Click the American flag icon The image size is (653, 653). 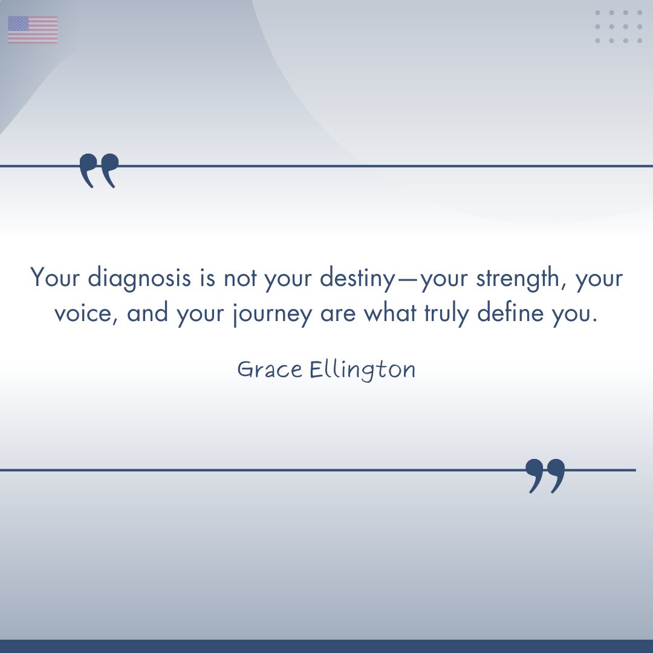click(33, 30)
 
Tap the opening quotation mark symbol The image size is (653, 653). click(99, 171)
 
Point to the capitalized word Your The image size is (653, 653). click(55, 278)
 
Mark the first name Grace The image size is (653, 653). click(270, 369)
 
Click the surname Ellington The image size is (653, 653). click(363, 370)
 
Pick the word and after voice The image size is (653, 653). click(148, 314)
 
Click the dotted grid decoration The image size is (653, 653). click(619, 27)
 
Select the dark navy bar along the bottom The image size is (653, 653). click(326, 646)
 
